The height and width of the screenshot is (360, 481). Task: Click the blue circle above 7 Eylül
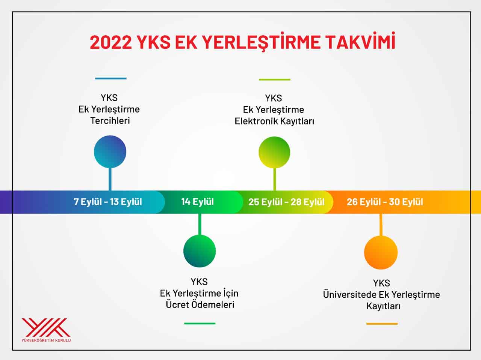click(x=110, y=152)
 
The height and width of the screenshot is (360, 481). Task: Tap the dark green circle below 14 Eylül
click(x=200, y=251)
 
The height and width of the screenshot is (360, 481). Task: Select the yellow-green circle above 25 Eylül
click(x=274, y=152)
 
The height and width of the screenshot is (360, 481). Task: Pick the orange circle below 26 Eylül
click(x=381, y=253)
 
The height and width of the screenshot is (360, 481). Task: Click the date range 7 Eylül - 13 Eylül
click(x=108, y=202)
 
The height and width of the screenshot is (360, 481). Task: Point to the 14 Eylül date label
click(x=197, y=202)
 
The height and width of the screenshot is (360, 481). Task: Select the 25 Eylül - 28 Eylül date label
click(x=286, y=202)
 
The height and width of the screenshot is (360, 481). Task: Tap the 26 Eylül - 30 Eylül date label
click(x=385, y=202)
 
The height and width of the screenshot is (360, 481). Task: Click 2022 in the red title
click(x=111, y=42)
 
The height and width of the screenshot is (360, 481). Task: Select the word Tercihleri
click(x=110, y=121)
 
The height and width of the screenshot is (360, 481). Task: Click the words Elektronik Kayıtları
click(x=274, y=121)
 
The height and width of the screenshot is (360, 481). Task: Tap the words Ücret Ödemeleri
click(x=200, y=304)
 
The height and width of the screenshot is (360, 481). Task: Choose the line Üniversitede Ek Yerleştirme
click(x=381, y=295)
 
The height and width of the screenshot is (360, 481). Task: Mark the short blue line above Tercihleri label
click(x=110, y=78)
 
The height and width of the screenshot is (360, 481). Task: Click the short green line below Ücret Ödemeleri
click(x=200, y=323)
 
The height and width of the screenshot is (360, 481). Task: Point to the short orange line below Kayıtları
click(x=382, y=324)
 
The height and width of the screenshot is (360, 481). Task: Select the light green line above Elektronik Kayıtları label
click(x=274, y=80)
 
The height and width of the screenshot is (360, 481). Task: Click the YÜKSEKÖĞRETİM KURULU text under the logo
click(x=46, y=340)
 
